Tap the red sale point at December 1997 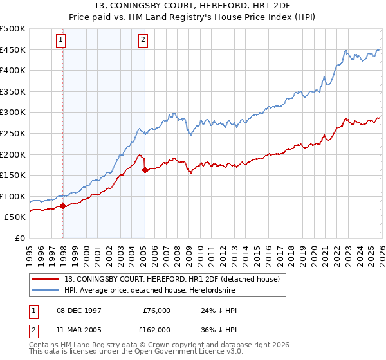[x=63, y=206]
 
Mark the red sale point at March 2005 [x=145, y=170]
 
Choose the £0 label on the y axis [x=19, y=239]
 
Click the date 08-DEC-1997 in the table [x=80, y=310]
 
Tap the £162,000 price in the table [x=154, y=329]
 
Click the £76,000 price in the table [x=156, y=310]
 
